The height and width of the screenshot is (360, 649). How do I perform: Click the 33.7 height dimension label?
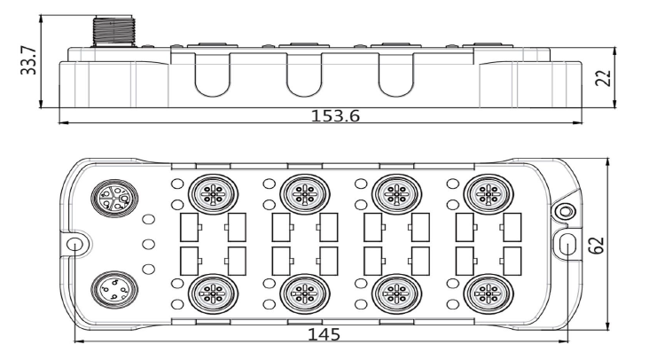coord(28,61)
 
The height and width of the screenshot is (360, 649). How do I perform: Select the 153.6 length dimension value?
coord(335,116)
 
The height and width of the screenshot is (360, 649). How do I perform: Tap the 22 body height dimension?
coord(603,77)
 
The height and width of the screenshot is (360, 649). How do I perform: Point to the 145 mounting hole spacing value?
coord(324,334)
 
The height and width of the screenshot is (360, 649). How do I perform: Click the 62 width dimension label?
coord(597,245)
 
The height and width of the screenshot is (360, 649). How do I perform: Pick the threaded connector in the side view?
coord(114,31)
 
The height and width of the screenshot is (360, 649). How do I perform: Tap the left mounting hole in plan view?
coord(74,243)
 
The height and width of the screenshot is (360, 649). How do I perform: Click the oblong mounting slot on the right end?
coord(567,245)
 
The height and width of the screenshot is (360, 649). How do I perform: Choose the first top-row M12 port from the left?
coord(213,193)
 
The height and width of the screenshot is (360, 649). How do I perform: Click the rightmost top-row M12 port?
coord(489,193)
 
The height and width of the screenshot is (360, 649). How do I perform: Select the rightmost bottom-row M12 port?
coord(489,293)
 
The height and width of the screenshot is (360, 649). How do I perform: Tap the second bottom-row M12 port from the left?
coord(305,293)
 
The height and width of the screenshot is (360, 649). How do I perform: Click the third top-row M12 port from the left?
coord(396,193)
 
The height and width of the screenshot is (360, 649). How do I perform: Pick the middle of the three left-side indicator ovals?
coord(148,244)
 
